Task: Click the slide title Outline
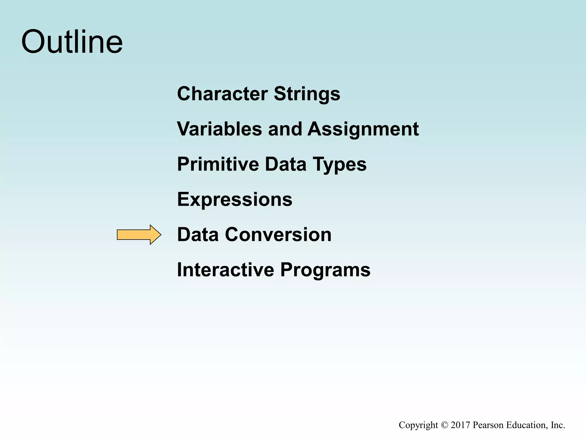coord(72,42)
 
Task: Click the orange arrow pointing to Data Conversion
coord(139,235)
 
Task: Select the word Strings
coord(307,94)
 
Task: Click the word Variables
coord(219,129)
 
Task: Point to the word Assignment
coord(363,129)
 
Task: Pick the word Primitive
coord(218,164)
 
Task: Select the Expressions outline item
coord(235,199)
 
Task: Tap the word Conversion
coord(278,235)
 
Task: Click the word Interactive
coord(225,270)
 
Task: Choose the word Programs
coord(325,270)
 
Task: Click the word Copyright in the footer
coord(418,425)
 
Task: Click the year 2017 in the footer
coord(460,425)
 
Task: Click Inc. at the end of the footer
coord(558,425)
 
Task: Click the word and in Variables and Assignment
coord(285,129)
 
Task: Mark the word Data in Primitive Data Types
coord(286,164)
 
